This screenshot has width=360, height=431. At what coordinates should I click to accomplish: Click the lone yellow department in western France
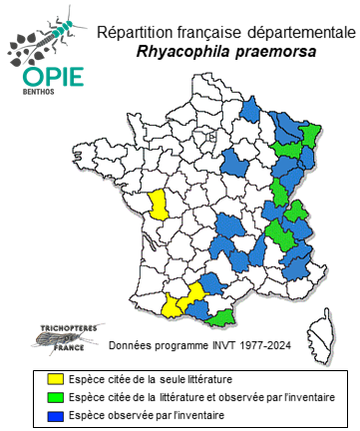point(156,204)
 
